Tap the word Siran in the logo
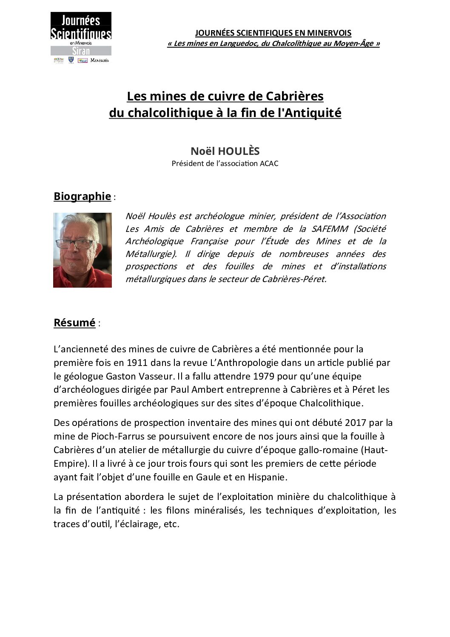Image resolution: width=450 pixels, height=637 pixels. click(x=81, y=51)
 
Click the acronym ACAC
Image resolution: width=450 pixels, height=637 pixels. click(x=269, y=163)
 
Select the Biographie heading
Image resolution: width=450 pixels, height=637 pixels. click(x=82, y=196)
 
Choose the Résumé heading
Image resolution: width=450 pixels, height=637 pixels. click(x=74, y=323)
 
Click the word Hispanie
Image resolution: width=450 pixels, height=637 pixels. click(x=266, y=477)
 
